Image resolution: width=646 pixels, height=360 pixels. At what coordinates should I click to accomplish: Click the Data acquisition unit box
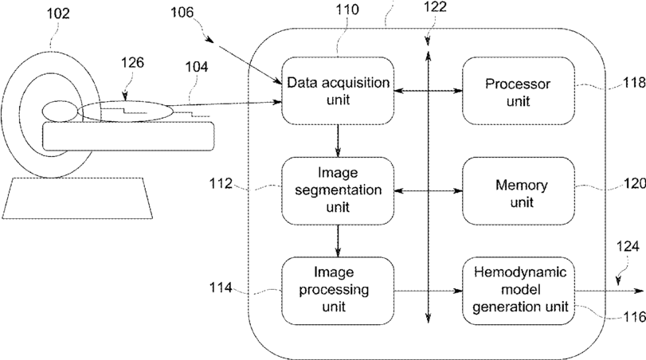click(x=338, y=91)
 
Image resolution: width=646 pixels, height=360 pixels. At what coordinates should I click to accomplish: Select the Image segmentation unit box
click(x=338, y=190)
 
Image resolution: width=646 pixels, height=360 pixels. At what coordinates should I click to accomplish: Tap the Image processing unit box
click(x=338, y=291)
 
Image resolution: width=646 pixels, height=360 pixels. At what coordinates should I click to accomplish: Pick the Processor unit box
click(x=519, y=91)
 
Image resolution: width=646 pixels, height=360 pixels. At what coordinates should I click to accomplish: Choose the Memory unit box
click(x=519, y=190)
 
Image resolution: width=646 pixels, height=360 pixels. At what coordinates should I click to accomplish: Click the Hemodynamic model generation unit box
click(x=519, y=291)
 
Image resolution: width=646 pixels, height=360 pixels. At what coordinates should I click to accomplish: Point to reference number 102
click(x=57, y=14)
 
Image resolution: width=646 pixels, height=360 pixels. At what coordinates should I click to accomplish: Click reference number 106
click(x=182, y=13)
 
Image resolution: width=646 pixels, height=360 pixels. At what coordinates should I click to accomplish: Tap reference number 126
click(x=133, y=63)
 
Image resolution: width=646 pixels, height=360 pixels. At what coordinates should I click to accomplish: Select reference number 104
click(x=197, y=67)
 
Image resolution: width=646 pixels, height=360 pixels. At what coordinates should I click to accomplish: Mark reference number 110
click(x=346, y=9)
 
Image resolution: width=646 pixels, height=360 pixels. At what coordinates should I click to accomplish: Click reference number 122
click(x=435, y=6)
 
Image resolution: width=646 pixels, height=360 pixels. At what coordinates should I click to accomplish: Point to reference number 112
click(x=221, y=183)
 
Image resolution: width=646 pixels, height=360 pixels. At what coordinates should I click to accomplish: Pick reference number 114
click(x=221, y=288)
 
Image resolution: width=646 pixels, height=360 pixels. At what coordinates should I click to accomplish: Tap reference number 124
click(x=628, y=247)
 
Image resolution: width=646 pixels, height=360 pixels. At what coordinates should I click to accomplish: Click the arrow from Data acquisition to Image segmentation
click(x=338, y=141)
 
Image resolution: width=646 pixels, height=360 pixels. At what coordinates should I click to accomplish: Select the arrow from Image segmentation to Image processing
click(x=338, y=241)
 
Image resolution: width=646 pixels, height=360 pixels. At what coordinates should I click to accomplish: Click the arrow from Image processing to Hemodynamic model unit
click(x=428, y=291)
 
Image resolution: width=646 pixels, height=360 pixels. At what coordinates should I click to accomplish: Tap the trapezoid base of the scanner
click(x=77, y=198)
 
